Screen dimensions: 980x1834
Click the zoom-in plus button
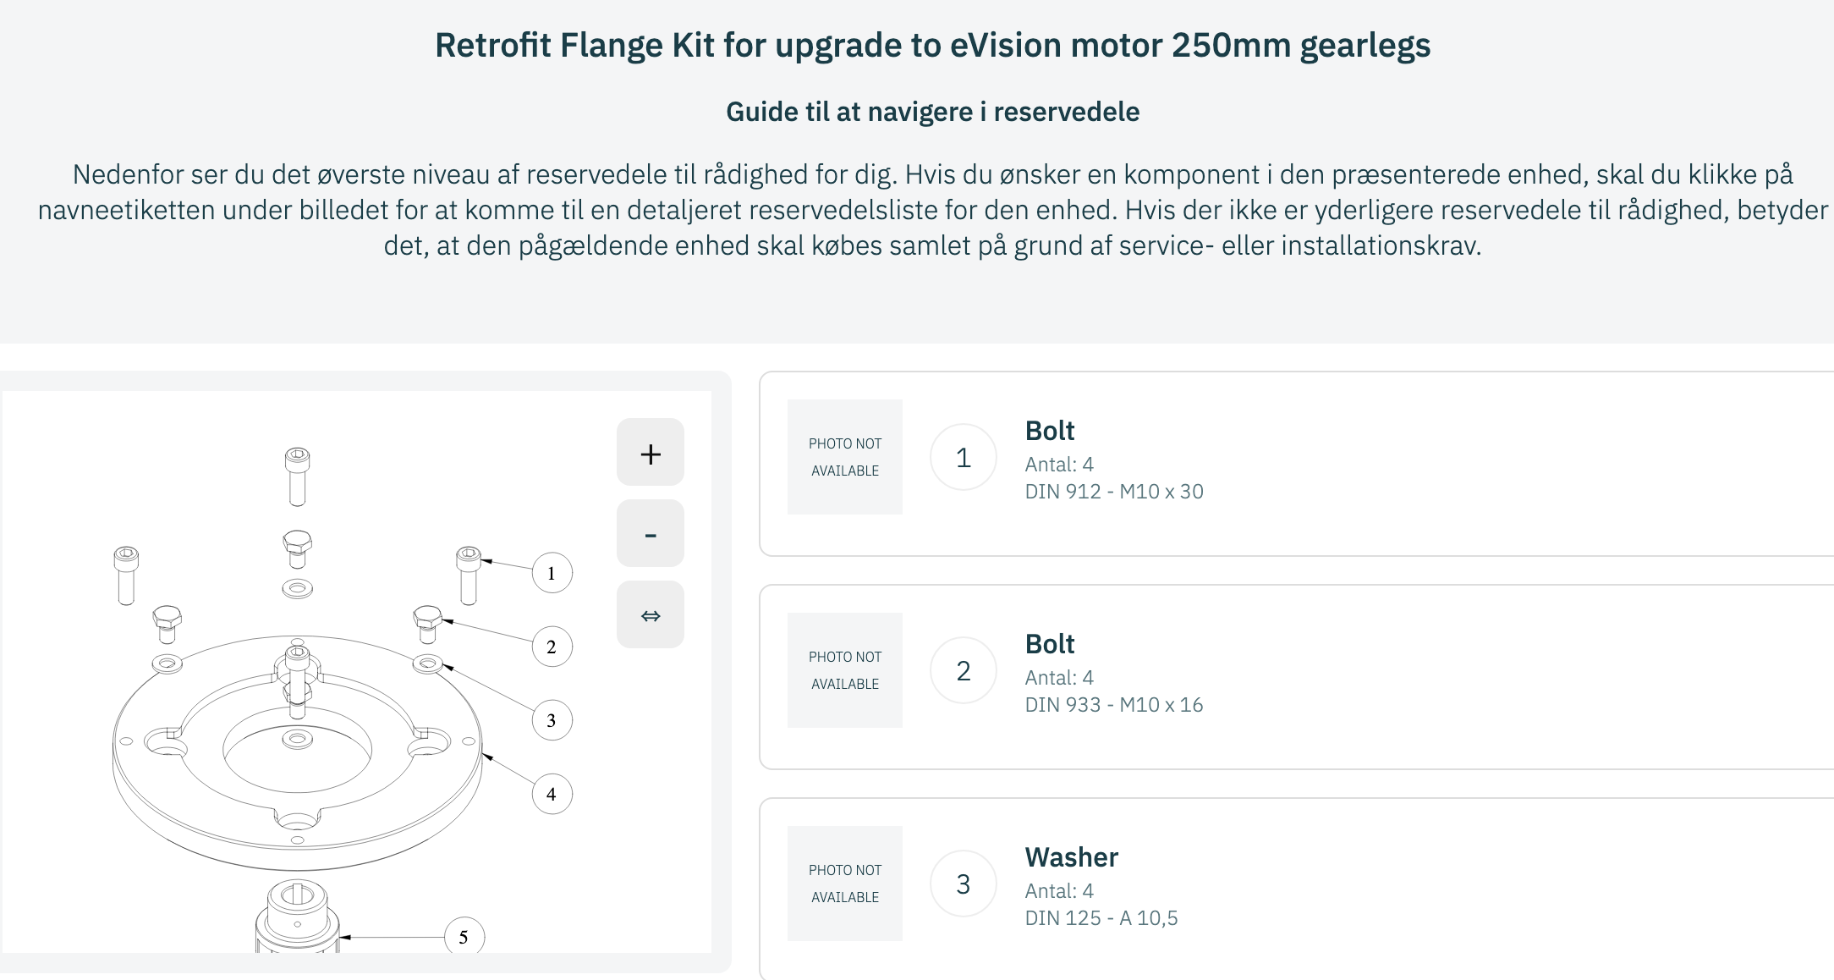coord(650,453)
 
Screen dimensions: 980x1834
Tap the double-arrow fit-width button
coord(650,615)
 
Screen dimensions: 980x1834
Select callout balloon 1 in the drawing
coord(552,574)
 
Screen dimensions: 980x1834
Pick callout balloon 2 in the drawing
coord(552,647)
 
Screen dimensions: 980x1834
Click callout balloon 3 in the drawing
coord(552,721)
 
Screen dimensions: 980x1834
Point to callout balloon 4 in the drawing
coord(552,795)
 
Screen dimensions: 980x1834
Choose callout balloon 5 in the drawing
coord(464,937)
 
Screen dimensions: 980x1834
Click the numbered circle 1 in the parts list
coord(963,458)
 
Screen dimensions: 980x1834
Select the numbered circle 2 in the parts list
coord(963,671)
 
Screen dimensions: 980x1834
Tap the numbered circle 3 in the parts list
coord(963,884)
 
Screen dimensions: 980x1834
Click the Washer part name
coord(1071,857)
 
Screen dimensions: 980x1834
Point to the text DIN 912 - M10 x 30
coord(1113,492)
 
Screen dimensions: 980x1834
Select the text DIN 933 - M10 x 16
coord(1113,705)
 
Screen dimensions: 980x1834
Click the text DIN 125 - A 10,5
coord(1101,918)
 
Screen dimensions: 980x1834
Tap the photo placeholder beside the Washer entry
coord(844,884)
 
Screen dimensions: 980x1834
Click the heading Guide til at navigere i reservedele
coord(932,112)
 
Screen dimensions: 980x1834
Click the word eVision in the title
coord(1006,46)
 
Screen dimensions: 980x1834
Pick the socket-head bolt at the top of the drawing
coord(297,476)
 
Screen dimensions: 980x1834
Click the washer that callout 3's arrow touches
coord(427,663)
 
